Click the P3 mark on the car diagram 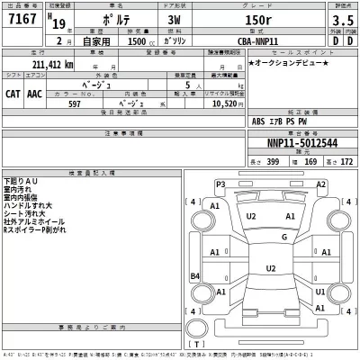[x=221, y=184]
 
